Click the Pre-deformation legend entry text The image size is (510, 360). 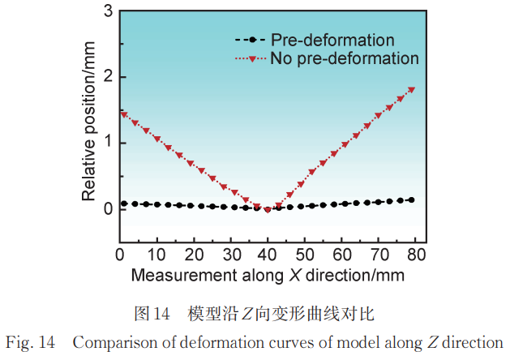332,40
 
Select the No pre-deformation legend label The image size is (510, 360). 345,58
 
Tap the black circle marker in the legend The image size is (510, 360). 252,40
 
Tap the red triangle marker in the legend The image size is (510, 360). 252,58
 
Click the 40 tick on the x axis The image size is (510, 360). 268,255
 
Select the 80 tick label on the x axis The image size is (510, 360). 416,255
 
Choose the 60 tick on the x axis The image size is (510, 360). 342,255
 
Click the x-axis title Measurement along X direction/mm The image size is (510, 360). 268,275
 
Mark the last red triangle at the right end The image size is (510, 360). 412,89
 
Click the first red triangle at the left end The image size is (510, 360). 123,114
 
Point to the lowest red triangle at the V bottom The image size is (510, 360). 268,209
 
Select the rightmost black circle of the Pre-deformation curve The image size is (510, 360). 412,199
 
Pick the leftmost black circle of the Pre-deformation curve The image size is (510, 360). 123,204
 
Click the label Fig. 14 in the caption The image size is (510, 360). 30,341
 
